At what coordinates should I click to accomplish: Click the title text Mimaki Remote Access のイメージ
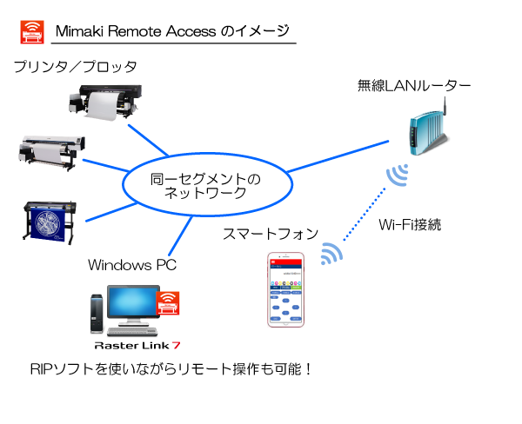(172, 31)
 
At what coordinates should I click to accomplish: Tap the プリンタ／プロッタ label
(75, 67)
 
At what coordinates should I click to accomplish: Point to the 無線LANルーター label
(414, 85)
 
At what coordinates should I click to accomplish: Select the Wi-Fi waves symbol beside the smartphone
(331, 253)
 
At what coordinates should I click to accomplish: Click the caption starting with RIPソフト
(171, 368)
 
